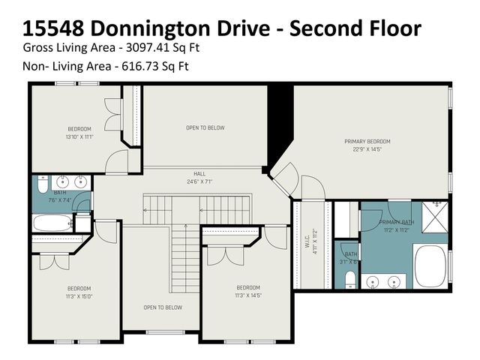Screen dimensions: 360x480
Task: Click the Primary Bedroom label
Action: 367,141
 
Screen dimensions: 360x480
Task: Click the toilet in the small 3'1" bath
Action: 350,279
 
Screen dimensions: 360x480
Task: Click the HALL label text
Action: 199,173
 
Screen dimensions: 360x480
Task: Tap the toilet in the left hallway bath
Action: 42,184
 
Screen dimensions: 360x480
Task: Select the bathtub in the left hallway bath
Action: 52,223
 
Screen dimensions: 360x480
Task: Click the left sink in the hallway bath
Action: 63,181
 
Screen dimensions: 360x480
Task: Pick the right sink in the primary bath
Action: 396,282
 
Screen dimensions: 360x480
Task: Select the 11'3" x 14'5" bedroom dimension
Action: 248,295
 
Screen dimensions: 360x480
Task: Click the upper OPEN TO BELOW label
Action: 205,127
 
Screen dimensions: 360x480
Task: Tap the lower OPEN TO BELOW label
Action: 163,307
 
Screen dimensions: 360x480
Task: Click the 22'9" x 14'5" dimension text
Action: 367,149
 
